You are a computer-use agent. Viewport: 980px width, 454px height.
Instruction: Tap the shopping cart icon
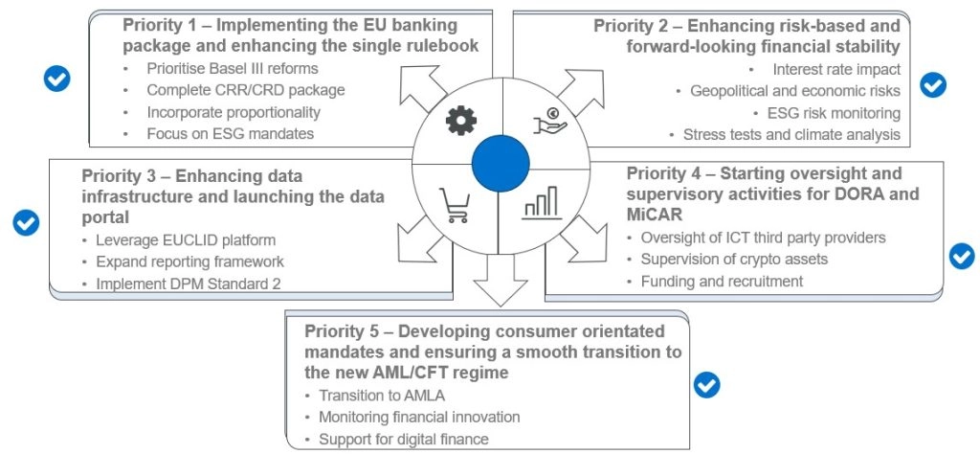click(455, 202)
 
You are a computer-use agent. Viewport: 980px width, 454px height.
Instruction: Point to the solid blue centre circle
click(501, 159)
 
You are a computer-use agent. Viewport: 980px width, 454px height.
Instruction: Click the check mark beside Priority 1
click(57, 79)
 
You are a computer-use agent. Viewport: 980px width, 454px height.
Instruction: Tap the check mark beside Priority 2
click(933, 85)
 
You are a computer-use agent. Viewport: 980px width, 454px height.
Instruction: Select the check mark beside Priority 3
click(26, 222)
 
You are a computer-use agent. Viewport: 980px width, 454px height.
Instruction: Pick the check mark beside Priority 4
click(960, 256)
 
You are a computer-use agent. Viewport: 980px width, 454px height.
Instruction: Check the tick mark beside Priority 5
click(706, 385)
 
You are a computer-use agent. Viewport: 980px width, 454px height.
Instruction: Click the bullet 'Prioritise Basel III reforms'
click(232, 69)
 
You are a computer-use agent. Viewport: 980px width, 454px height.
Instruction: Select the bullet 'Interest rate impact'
click(836, 69)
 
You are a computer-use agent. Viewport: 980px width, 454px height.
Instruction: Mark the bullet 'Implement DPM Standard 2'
click(184, 284)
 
